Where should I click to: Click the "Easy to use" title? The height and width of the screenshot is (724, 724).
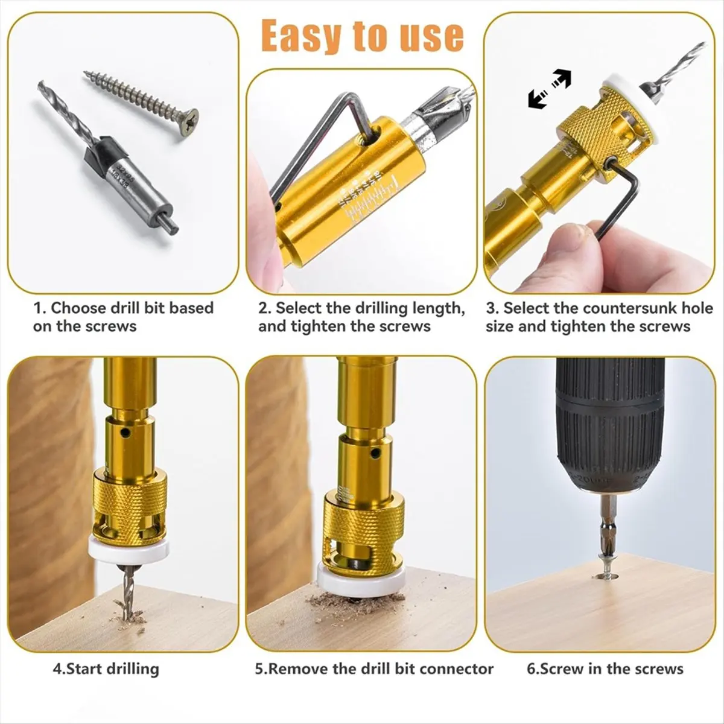363,37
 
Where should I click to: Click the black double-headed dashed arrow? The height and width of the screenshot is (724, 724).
549,88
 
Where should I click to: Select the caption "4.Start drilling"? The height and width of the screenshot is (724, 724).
106,668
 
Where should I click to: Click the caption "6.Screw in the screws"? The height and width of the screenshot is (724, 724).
605,668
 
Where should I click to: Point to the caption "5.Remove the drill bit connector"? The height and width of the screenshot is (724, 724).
374,668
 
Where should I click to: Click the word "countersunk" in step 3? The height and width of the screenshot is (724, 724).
611,308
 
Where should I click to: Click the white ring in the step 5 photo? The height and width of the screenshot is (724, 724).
360,580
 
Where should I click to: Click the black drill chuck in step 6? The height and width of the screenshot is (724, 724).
609,422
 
